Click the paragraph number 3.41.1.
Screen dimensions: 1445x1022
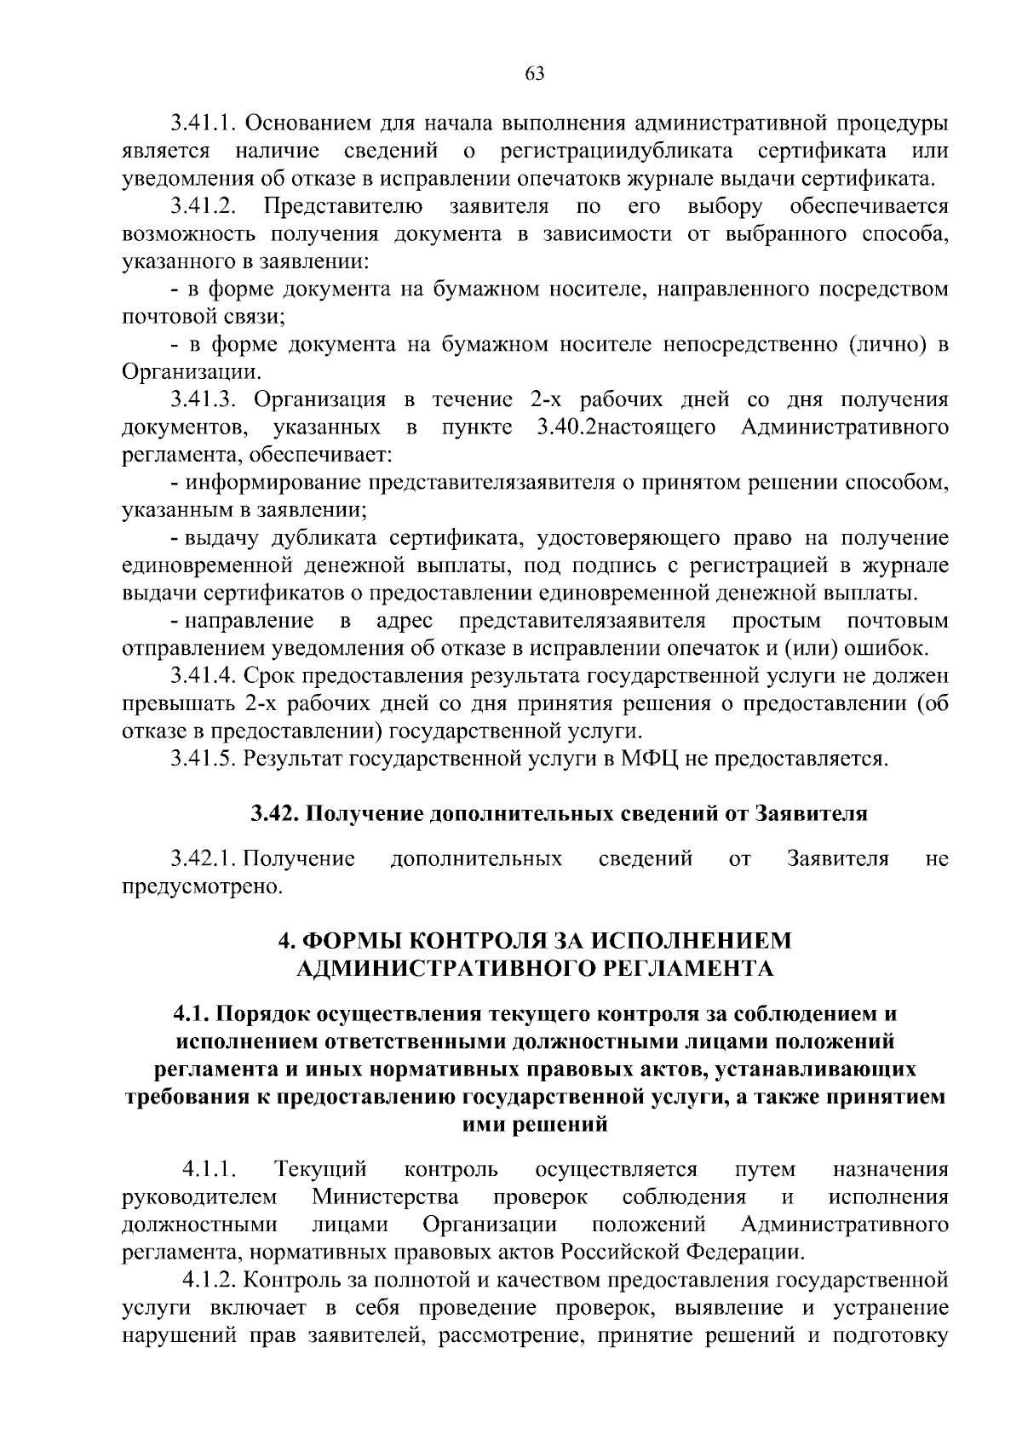(204, 123)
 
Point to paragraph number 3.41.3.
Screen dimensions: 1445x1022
(204, 400)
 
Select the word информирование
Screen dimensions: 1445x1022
(276, 483)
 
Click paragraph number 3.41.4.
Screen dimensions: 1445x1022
(204, 676)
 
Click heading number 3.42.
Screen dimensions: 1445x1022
(275, 814)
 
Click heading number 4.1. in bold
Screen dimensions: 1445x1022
(191, 1015)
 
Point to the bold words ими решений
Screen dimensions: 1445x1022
(534, 1125)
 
